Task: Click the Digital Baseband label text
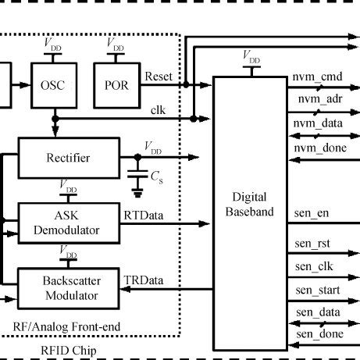(x=249, y=205)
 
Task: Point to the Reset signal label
(x=159, y=77)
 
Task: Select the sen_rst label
(x=311, y=244)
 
